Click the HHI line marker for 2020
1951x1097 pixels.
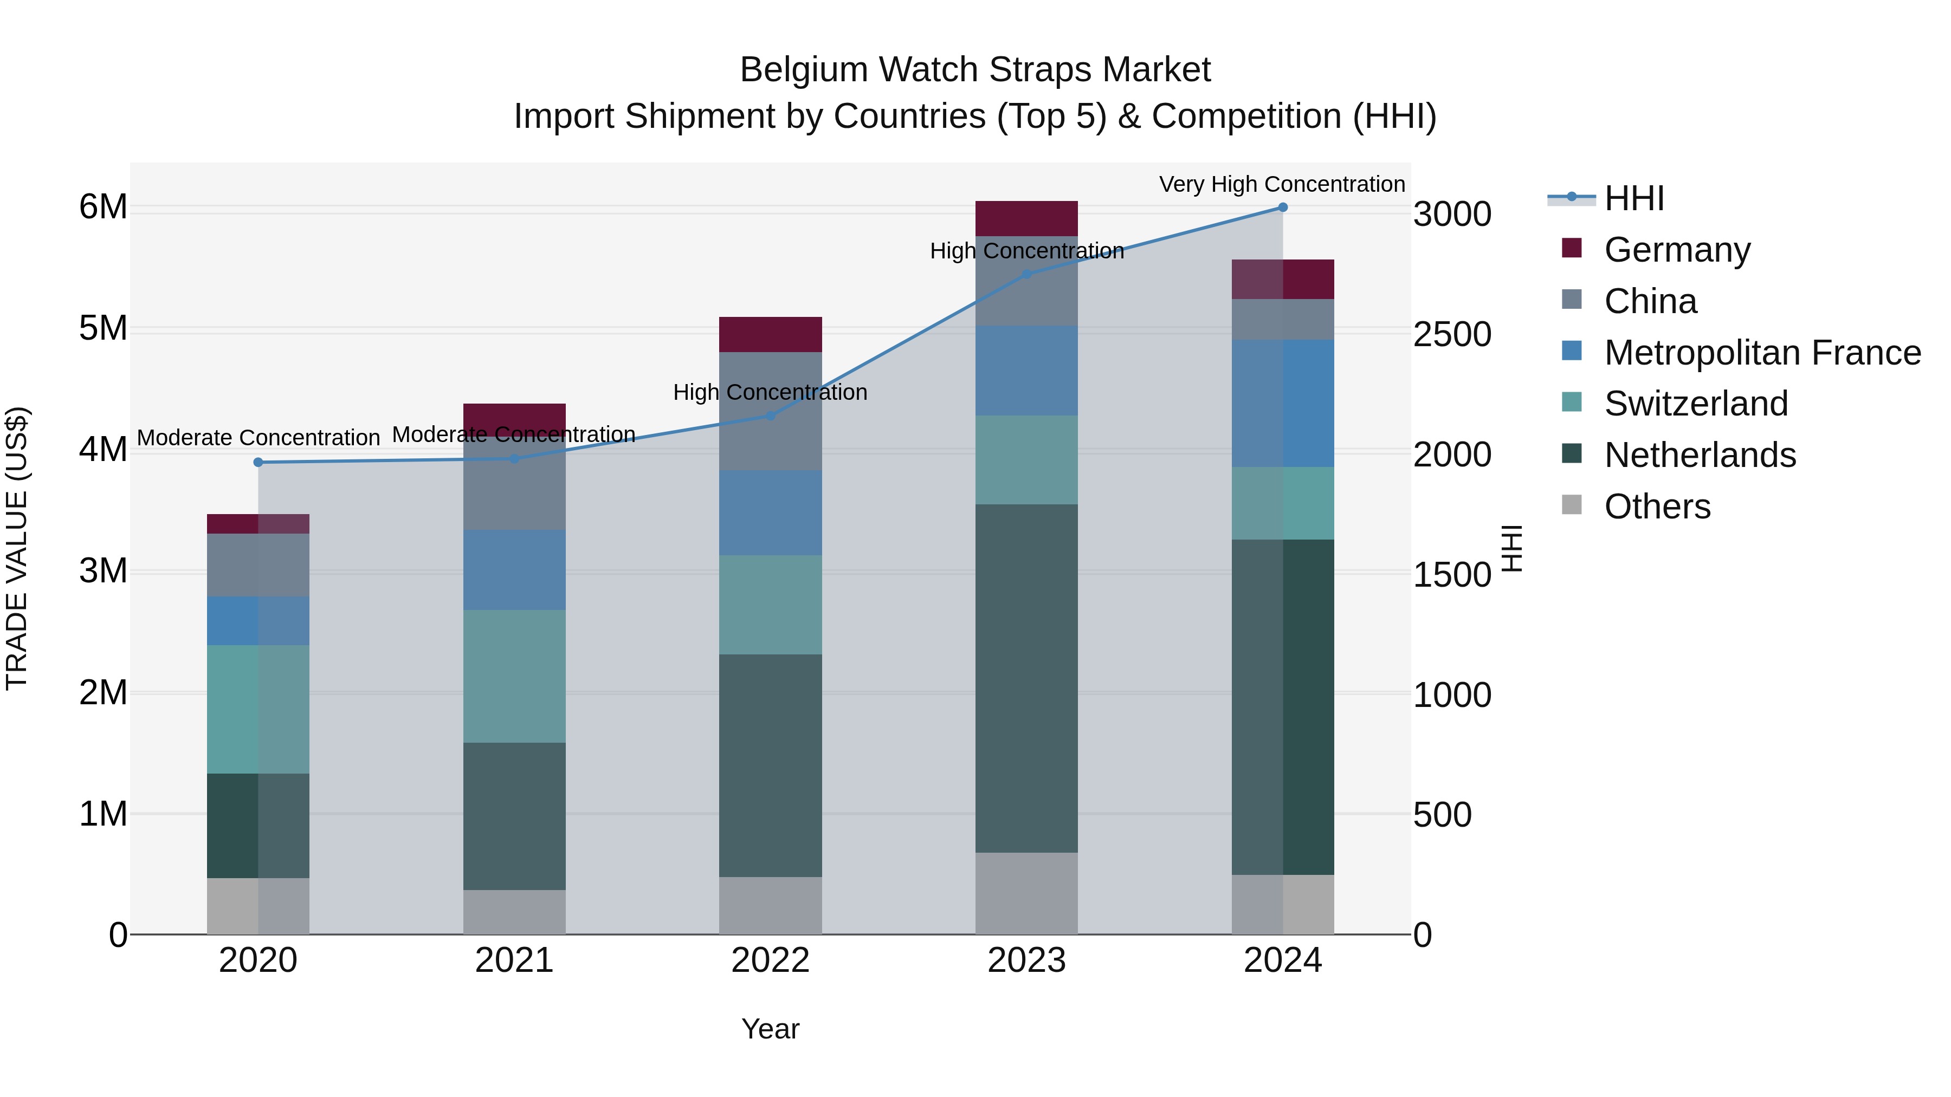[x=259, y=462]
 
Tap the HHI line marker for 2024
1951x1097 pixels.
[x=1282, y=207]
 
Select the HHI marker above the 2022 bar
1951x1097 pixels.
[x=770, y=416]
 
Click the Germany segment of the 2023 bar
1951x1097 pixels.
[x=1026, y=219]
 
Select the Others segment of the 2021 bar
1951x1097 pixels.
[x=514, y=912]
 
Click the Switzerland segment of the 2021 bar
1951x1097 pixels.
[x=514, y=676]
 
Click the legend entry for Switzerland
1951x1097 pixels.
[x=1695, y=404]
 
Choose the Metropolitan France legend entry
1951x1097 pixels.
[x=1762, y=353]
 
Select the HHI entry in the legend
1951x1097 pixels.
[x=1633, y=198]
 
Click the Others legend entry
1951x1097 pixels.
[x=1656, y=507]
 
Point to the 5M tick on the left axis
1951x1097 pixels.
[x=103, y=329]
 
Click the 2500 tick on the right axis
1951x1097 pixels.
[x=1452, y=334]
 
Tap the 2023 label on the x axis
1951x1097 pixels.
[x=1026, y=960]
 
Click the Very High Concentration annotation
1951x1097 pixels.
[x=1282, y=184]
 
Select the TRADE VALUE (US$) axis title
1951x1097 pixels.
[x=17, y=548]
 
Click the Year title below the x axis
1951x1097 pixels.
[x=770, y=1029]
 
